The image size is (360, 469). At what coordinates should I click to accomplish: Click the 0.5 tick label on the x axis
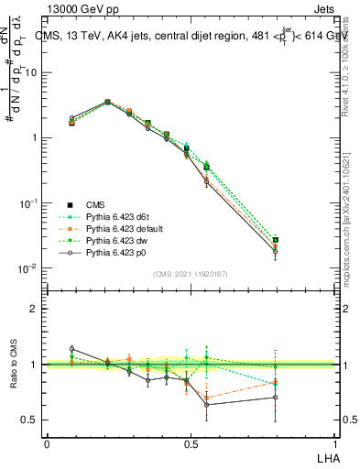pos(191,443)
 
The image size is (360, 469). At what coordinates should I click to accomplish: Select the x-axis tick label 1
pos(335,443)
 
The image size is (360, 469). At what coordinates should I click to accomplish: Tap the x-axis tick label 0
pos(47,443)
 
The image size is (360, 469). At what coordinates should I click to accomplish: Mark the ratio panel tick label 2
pos(35,309)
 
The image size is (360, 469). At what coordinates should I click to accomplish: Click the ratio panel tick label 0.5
pos(31,420)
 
